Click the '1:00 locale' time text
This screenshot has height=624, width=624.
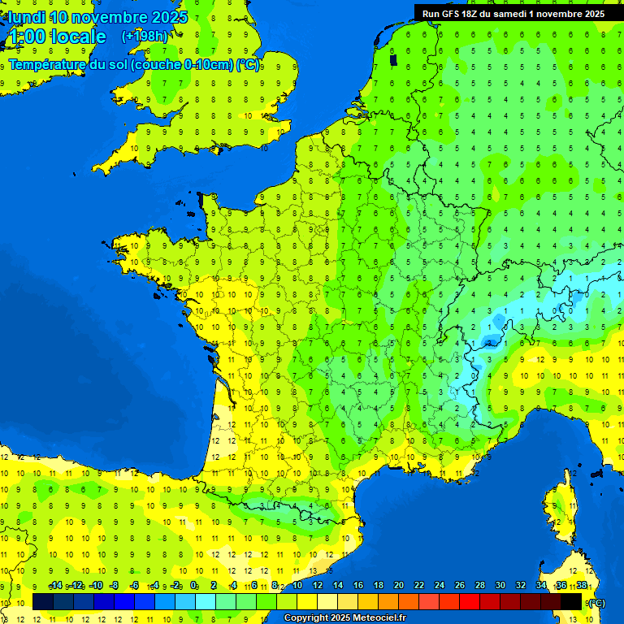click(57, 37)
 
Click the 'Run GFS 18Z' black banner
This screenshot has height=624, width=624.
click(513, 13)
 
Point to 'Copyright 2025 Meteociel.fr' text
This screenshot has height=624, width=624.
click(344, 617)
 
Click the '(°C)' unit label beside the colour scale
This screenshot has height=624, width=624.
click(596, 603)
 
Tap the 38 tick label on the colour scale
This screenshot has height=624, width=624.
click(582, 585)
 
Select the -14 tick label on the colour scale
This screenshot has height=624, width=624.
click(55, 585)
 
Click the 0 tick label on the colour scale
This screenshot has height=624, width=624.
click(193, 585)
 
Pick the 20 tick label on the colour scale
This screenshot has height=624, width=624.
click(399, 585)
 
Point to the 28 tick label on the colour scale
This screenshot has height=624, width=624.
click(480, 585)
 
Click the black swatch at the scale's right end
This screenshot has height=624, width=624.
click(571, 601)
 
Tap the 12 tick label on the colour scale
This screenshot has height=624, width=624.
click(318, 585)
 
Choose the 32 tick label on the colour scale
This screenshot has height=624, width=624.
click(521, 585)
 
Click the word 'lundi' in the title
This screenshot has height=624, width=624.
click(26, 17)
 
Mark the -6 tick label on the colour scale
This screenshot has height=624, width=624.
click(135, 585)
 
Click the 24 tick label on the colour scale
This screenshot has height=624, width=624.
click(440, 585)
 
